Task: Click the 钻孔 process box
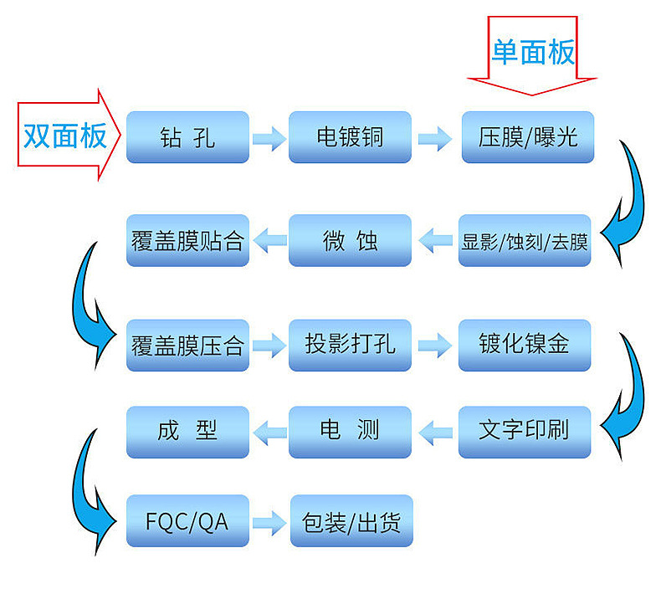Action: click(x=187, y=137)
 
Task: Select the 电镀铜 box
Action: click(x=350, y=137)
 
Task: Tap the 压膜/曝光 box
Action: click(x=528, y=137)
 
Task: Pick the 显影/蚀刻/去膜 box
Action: click(x=525, y=240)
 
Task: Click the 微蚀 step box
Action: click(x=350, y=240)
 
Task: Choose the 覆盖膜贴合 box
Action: click(x=187, y=240)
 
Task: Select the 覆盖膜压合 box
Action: click(x=187, y=346)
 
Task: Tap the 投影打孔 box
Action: click(x=350, y=346)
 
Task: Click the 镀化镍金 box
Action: click(x=525, y=346)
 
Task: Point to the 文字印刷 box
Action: click(x=525, y=433)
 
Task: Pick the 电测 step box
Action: click(x=350, y=433)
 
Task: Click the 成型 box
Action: click(x=187, y=433)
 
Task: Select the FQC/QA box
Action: click(x=187, y=521)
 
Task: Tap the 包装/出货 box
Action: click(x=351, y=521)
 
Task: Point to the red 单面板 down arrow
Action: click(x=532, y=56)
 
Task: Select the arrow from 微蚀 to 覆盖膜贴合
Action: click(x=269, y=240)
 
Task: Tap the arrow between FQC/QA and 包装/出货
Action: click(x=269, y=523)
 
